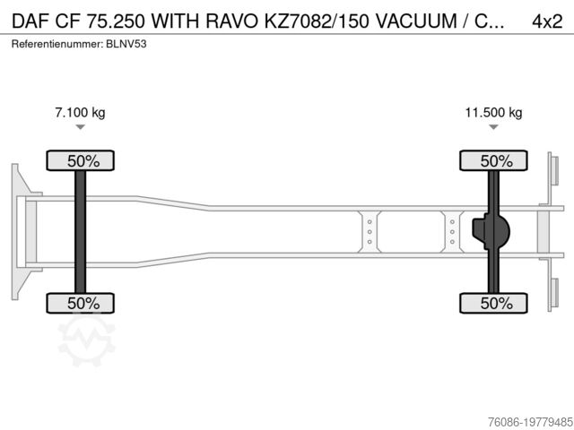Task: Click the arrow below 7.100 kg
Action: click(x=81, y=128)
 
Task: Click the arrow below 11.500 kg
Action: click(x=493, y=128)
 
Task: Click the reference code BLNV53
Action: click(x=125, y=44)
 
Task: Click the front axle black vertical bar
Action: click(x=81, y=232)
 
